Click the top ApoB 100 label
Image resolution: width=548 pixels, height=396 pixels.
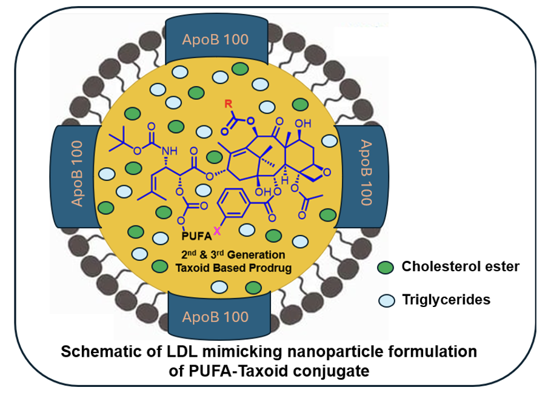click(215, 39)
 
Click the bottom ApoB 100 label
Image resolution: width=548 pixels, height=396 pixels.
click(215, 316)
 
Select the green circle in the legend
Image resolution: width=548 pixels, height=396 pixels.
click(385, 267)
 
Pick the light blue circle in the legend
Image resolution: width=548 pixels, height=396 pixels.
click(385, 300)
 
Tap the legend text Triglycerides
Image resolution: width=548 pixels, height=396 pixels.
click(446, 299)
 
